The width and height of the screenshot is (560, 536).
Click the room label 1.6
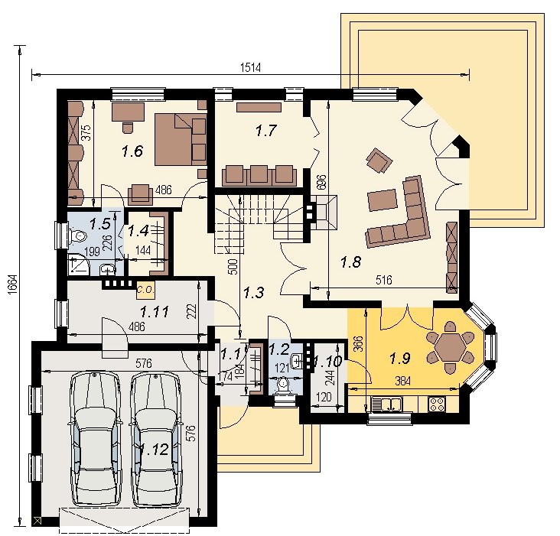[x=132, y=151]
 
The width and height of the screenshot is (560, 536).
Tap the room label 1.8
[x=350, y=262]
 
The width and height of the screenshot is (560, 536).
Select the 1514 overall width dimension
[x=250, y=67]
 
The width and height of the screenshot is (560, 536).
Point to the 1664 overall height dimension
[x=11, y=284]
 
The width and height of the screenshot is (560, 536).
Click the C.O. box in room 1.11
[x=145, y=290]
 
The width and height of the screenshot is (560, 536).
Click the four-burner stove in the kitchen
[x=437, y=404]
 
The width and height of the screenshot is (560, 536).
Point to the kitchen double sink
[x=387, y=404]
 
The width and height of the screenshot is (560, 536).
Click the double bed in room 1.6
[x=181, y=139]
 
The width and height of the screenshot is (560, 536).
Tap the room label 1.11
[x=155, y=312]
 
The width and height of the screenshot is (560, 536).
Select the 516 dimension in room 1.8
[x=384, y=280]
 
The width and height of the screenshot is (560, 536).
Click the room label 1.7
[x=266, y=131]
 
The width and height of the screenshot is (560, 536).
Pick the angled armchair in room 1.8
[x=379, y=161]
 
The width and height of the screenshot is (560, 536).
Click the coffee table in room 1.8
[x=383, y=200]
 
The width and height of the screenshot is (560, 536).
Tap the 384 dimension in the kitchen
[x=402, y=381]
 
